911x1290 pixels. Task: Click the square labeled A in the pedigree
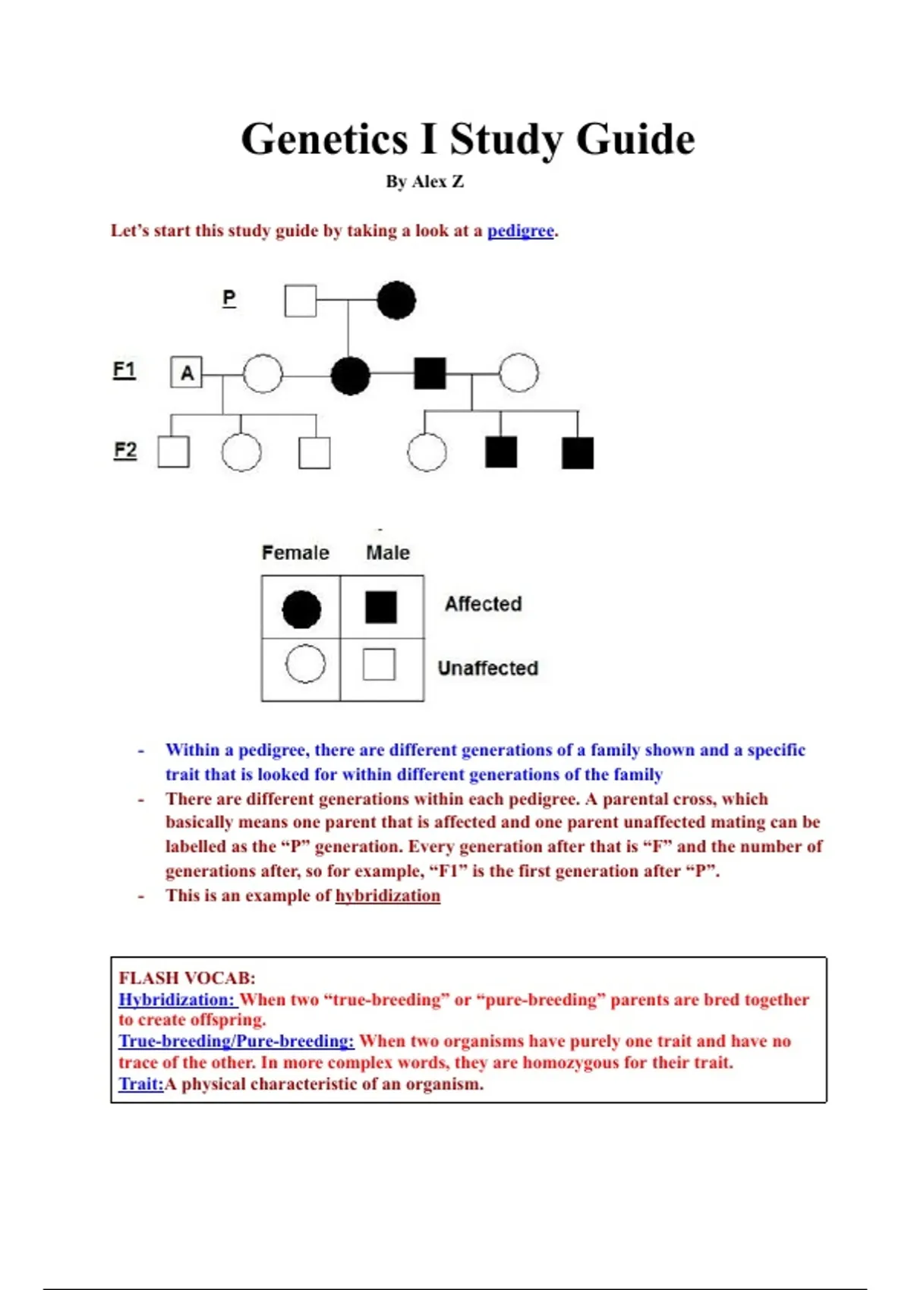pyautogui.click(x=187, y=373)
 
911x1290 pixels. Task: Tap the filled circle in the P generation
pyautogui.click(x=396, y=300)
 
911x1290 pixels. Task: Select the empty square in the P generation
pyautogui.click(x=301, y=300)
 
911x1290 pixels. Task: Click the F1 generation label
pyautogui.click(x=125, y=370)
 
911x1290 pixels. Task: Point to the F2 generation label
pyautogui.click(x=125, y=450)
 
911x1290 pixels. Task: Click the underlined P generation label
pyautogui.click(x=229, y=297)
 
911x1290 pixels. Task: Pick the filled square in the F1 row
pyautogui.click(x=430, y=373)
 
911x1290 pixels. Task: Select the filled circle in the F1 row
pyautogui.click(x=351, y=375)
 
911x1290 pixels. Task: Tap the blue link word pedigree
pyautogui.click(x=520, y=231)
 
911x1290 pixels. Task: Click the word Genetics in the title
pyautogui.click(x=325, y=140)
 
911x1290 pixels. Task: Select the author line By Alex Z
pyautogui.click(x=424, y=182)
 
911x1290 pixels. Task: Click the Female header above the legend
pyautogui.click(x=295, y=552)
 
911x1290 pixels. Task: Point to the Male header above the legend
pyautogui.click(x=388, y=552)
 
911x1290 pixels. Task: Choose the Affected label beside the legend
pyautogui.click(x=484, y=604)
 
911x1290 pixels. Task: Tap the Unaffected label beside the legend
pyautogui.click(x=488, y=669)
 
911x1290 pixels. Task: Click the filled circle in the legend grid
pyautogui.click(x=301, y=609)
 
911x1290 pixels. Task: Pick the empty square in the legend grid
pyautogui.click(x=379, y=665)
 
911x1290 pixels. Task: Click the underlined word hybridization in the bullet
pyautogui.click(x=388, y=895)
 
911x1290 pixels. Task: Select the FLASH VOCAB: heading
pyautogui.click(x=187, y=978)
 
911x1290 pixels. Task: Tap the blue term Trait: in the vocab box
pyautogui.click(x=141, y=1084)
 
